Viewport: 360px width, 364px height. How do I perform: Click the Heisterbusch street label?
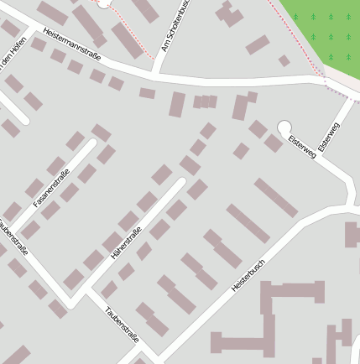248,274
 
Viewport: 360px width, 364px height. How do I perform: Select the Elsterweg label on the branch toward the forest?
329,137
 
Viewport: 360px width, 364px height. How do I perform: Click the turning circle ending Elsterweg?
284,127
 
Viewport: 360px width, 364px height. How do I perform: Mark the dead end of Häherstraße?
180,180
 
